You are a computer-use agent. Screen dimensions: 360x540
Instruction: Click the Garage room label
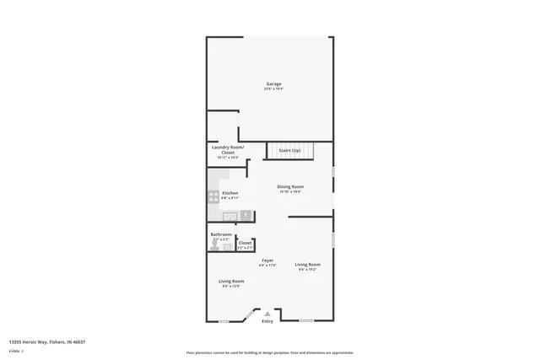pyautogui.click(x=274, y=83)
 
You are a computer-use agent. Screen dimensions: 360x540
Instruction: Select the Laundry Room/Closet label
pyautogui.click(x=228, y=149)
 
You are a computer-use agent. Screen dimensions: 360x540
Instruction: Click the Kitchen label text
pyautogui.click(x=230, y=193)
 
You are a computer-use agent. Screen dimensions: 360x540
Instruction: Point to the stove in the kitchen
pyautogui.click(x=213, y=196)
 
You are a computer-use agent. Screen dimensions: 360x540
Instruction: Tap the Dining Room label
pyautogui.click(x=291, y=186)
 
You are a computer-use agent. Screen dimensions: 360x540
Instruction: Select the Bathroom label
pyautogui.click(x=221, y=234)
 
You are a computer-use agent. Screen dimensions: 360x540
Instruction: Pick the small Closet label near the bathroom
pyautogui.click(x=245, y=243)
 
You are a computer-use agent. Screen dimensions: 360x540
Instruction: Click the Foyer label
pyautogui.click(x=267, y=261)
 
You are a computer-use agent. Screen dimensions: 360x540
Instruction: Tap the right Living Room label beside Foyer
pyautogui.click(x=307, y=265)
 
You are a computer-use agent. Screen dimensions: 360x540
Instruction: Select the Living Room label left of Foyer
pyautogui.click(x=231, y=281)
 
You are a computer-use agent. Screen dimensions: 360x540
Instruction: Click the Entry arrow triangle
pyautogui.click(x=267, y=314)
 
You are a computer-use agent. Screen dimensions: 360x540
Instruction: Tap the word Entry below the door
pyautogui.click(x=267, y=321)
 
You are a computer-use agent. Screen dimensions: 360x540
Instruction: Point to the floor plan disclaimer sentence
pyautogui.click(x=269, y=353)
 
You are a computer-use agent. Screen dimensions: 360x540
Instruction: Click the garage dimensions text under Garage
pyautogui.click(x=274, y=89)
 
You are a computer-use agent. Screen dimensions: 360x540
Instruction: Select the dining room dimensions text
pyautogui.click(x=291, y=191)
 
